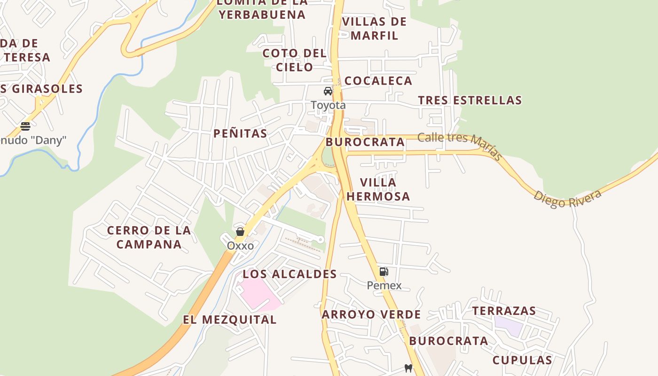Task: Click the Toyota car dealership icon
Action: point(328,91)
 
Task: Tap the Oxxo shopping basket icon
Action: point(240,232)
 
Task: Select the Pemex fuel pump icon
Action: point(384,271)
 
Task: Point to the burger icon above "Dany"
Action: point(25,126)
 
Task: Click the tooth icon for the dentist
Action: point(408,368)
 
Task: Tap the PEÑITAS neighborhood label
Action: point(240,133)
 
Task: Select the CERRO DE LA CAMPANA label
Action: point(149,237)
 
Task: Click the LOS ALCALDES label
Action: point(290,274)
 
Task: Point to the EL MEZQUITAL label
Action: point(229,320)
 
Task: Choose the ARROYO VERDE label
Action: point(371,314)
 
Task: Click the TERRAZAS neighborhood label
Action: point(504,311)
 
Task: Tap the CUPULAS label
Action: point(522,360)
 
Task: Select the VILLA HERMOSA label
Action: point(378,189)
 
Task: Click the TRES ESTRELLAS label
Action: point(470,100)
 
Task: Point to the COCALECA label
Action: point(378,81)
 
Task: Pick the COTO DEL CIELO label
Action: point(294,60)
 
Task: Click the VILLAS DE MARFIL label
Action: point(374,29)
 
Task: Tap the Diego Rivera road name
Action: point(567,199)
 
